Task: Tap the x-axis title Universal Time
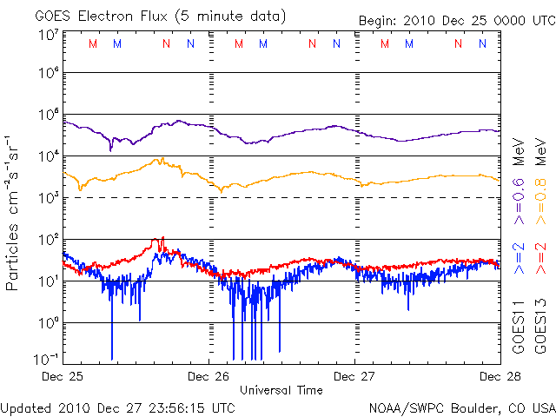281,390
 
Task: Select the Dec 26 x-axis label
209,377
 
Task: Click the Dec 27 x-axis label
354,377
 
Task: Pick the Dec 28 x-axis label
500,377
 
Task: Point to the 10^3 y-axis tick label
48,198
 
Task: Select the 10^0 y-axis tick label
48,323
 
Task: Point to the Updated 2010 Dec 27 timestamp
117,407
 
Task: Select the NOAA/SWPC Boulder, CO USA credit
461,407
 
